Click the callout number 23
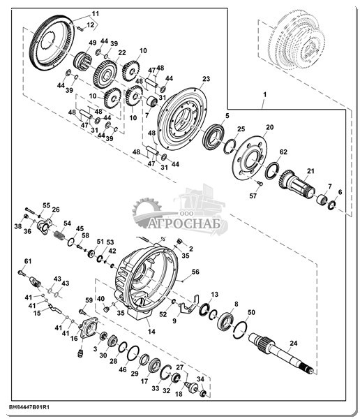[207, 79]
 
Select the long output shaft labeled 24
[280, 353]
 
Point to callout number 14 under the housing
[151, 332]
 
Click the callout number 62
[283, 152]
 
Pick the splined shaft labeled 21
[297, 184]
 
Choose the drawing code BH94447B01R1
[29, 408]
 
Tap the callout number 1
[264, 94]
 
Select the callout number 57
[253, 196]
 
